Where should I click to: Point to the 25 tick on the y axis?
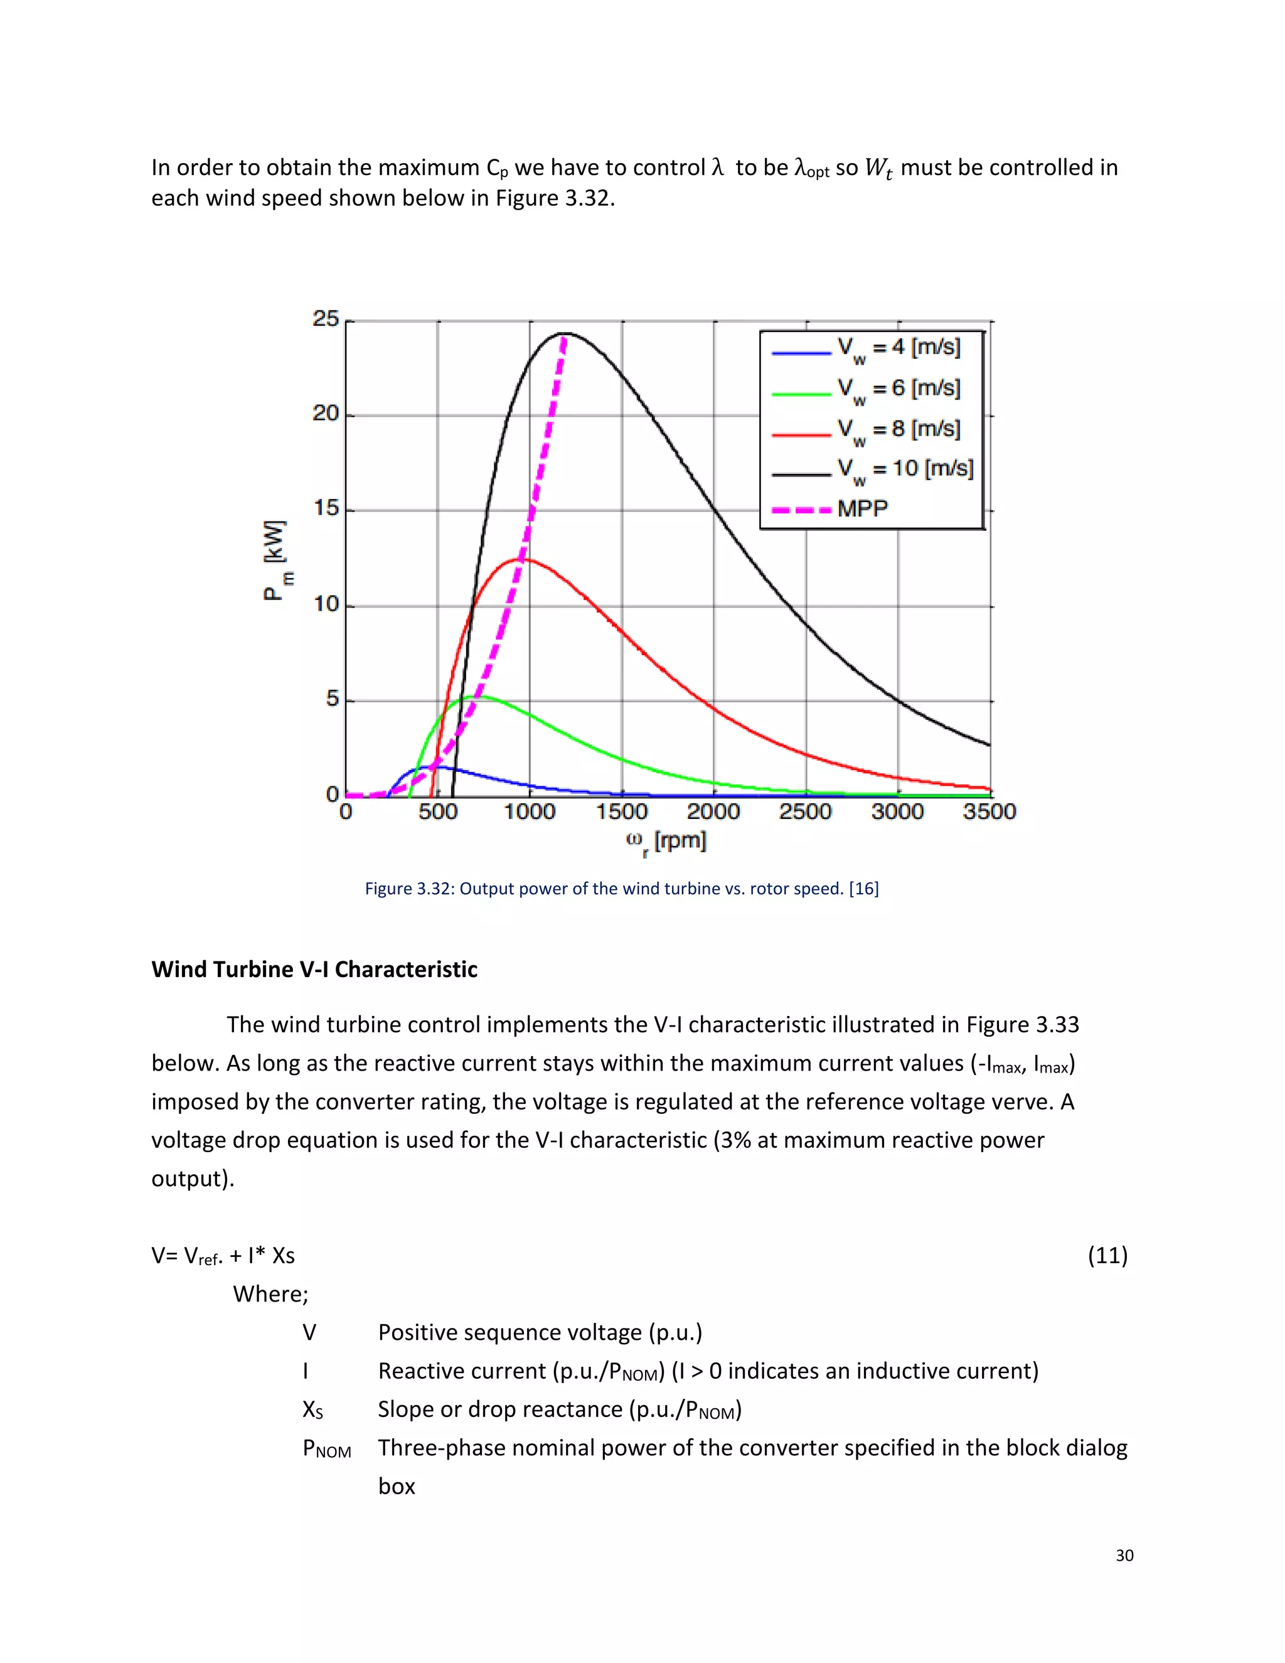[x=326, y=319]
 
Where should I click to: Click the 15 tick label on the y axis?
[x=326, y=509]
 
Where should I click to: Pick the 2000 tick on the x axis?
[x=713, y=811]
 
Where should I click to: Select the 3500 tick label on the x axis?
[x=989, y=811]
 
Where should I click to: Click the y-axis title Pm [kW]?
[x=276, y=561]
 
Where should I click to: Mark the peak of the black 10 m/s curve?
[x=565, y=333]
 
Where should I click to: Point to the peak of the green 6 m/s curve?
[x=479, y=696]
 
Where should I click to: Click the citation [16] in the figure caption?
[x=863, y=889]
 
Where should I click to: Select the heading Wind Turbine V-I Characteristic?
[x=314, y=970]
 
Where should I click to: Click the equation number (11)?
[x=1107, y=1255]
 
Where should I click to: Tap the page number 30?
[x=1124, y=1556]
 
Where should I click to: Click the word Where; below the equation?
[x=270, y=1294]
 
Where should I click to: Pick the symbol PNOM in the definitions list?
[x=326, y=1448]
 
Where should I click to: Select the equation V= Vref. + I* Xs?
[x=223, y=1256]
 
